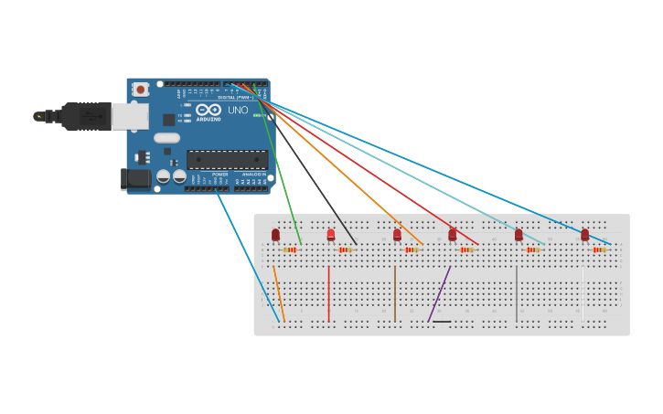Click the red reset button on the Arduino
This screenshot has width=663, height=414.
141,90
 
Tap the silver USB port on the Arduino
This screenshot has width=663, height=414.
130,115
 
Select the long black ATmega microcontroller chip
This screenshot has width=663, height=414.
227,159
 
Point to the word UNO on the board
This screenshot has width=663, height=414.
238,111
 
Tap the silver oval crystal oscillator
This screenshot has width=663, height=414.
166,138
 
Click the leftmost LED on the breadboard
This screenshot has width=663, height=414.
275,235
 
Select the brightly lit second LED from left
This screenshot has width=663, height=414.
331,235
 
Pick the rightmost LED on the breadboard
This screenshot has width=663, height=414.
584,235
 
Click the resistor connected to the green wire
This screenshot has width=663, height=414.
290,249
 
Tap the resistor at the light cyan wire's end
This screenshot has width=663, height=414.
533,249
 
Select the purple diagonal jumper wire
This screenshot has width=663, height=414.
439,293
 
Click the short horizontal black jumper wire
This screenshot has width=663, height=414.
441,322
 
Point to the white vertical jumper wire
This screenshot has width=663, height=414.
583,292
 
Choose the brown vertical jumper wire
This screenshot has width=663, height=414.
395,292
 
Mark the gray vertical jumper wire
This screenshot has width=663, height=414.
517,292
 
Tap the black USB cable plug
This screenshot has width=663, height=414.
87,116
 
